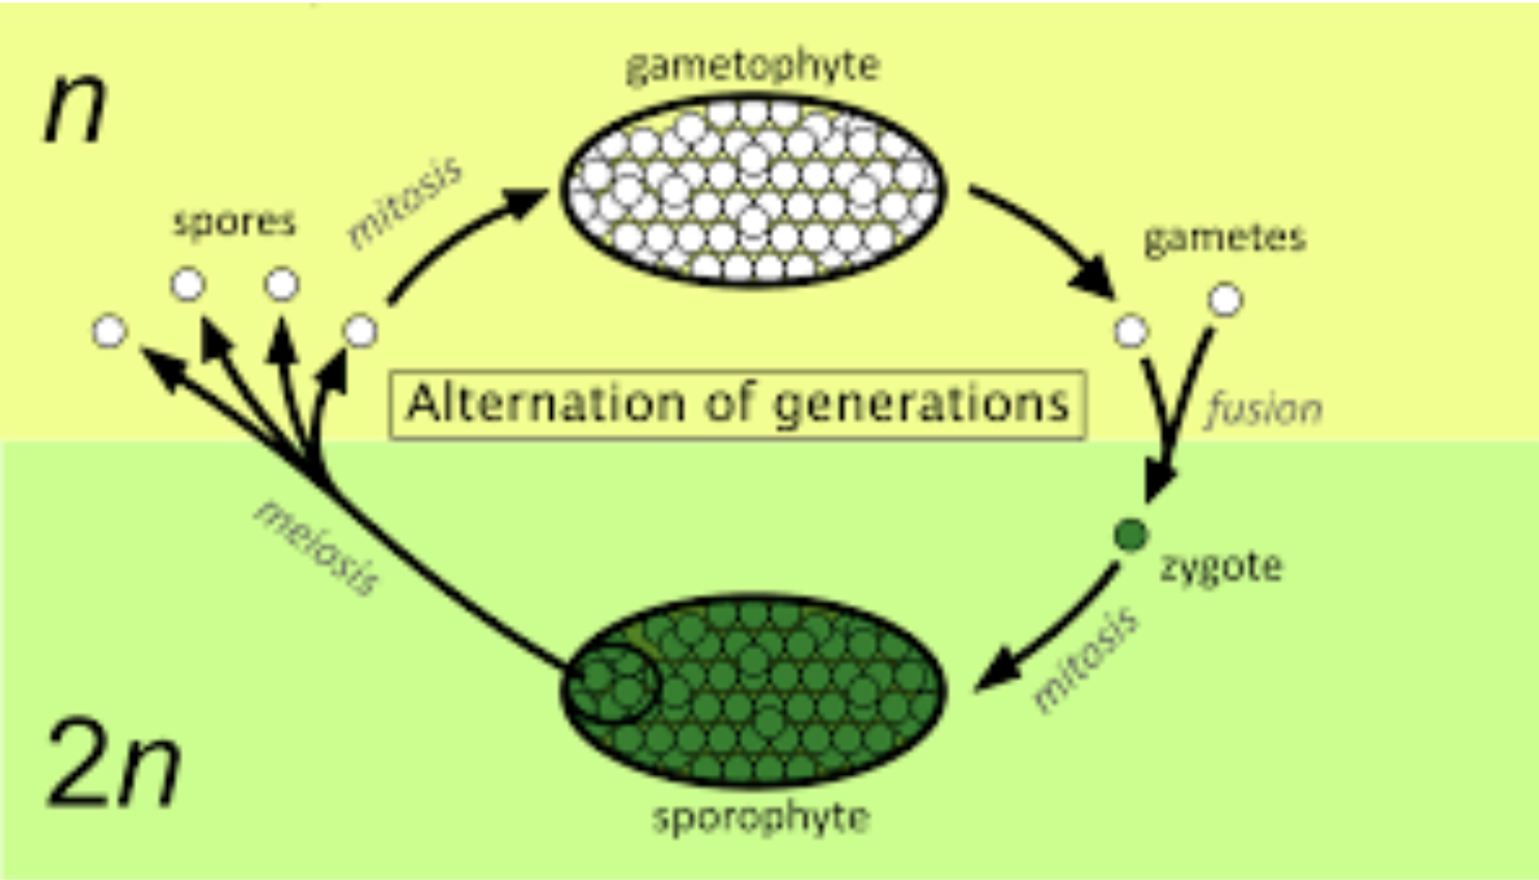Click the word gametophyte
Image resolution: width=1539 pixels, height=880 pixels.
pos(753,67)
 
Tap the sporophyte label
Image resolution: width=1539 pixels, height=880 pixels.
pos(760,817)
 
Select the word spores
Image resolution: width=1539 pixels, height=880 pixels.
pos(234,222)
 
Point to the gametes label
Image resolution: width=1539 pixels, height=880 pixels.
pos(1225,238)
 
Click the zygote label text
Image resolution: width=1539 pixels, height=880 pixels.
pos(1222,567)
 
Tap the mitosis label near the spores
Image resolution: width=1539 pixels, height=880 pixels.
pos(405,203)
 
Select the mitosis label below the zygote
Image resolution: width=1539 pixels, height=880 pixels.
pos(1085,659)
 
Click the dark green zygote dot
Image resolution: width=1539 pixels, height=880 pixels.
pos(1131,535)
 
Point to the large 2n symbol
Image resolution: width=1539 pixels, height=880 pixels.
pos(113,764)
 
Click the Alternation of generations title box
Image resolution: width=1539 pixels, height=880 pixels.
pos(738,404)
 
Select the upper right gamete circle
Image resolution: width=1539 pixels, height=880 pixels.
pos(1226,299)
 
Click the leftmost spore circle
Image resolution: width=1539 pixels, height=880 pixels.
pos(110,331)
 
